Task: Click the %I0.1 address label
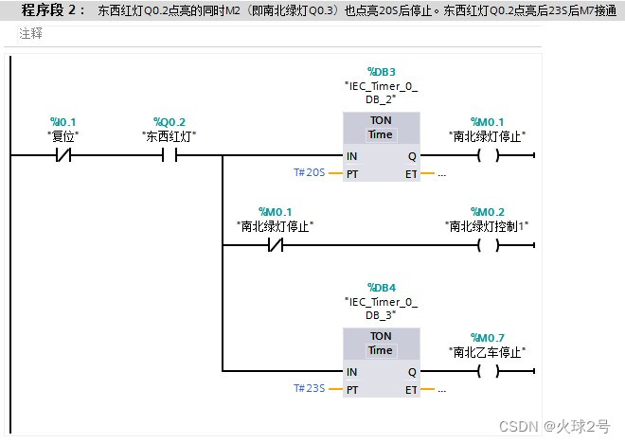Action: pyautogui.click(x=63, y=122)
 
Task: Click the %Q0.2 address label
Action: pyautogui.click(x=170, y=122)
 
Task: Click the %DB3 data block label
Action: pyautogui.click(x=381, y=72)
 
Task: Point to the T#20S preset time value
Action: pyautogui.click(x=310, y=173)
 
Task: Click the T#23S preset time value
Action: pyautogui.click(x=310, y=389)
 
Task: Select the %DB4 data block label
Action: pyautogui.click(x=381, y=288)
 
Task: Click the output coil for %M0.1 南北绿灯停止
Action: pyautogui.click(x=488, y=156)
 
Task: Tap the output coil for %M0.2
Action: pyautogui.click(x=488, y=245)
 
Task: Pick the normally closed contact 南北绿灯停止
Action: pyautogui.click(x=275, y=245)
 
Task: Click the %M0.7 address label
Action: pyautogui.click(x=488, y=338)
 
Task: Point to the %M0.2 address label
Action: pyautogui.click(x=488, y=211)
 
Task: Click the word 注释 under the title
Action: pyautogui.click(x=31, y=34)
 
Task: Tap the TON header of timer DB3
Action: pyautogui.click(x=381, y=121)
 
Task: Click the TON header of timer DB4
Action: pyautogui.click(x=381, y=336)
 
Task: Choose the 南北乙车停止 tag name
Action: pyautogui.click(x=488, y=352)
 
